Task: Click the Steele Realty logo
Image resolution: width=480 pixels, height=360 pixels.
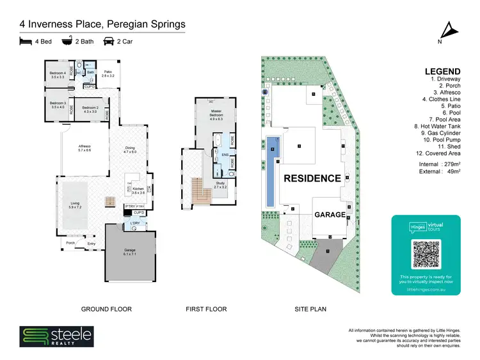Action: (56, 336)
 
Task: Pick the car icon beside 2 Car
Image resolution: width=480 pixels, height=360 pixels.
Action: (109, 42)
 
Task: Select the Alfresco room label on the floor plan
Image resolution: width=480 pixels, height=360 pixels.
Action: (84, 148)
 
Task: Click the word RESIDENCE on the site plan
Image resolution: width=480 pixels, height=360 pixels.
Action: (312, 178)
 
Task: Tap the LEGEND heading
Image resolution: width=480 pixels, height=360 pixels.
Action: (442, 72)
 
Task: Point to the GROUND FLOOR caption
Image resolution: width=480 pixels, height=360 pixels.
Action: (106, 309)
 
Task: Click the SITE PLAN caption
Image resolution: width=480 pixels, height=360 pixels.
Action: (310, 309)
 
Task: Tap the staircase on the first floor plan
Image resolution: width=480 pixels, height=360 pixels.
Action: (200, 190)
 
